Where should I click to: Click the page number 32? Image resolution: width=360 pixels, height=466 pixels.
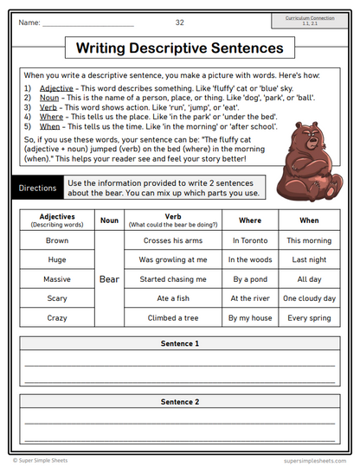point(179,22)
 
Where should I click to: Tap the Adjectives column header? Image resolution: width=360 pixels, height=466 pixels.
point(57,221)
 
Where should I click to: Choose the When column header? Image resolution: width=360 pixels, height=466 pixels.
point(309,220)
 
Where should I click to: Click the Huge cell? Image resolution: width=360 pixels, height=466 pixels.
point(57,259)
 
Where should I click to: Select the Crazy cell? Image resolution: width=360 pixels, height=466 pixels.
point(57,318)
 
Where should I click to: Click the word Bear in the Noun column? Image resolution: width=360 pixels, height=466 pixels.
point(109,279)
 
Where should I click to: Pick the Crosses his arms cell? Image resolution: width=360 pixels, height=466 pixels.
point(173,240)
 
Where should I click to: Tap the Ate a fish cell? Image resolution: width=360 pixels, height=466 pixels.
point(173,298)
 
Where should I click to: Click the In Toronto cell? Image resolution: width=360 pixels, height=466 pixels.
point(250,240)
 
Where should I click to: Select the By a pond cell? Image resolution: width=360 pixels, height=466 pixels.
point(250,279)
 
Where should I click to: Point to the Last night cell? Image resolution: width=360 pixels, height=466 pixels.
point(309,259)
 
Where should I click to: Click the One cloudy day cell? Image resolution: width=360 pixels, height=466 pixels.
point(309,298)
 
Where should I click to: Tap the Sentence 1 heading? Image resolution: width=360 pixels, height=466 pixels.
point(179,344)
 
